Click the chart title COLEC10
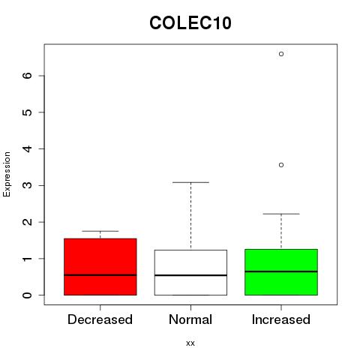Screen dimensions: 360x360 [x=190, y=23]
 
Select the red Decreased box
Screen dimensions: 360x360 [x=100, y=267]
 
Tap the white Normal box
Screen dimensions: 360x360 [x=190, y=272]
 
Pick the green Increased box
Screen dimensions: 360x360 [x=281, y=272]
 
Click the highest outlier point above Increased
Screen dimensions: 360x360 [x=281, y=54]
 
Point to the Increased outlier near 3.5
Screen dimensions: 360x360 [x=281, y=165]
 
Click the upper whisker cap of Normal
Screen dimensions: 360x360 [x=190, y=182]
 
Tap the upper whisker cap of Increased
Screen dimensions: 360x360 [x=281, y=214]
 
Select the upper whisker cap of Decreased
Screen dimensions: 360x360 [x=100, y=231]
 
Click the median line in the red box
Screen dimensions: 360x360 [x=100, y=275]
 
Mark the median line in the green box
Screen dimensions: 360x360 [x=281, y=271]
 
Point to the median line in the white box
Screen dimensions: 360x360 [x=190, y=275]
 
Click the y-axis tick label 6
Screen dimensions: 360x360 [x=27, y=76]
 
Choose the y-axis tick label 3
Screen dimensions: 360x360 [x=27, y=185]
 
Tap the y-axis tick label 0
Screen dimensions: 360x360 [x=27, y=295]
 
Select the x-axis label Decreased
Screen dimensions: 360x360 [x=100, y=319]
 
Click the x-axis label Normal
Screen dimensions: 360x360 [x=190, y=319]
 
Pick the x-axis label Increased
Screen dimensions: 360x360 [x=281, y=319]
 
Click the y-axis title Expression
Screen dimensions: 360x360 [x=7, y=174]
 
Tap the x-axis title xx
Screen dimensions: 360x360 [x=190, y=343]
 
